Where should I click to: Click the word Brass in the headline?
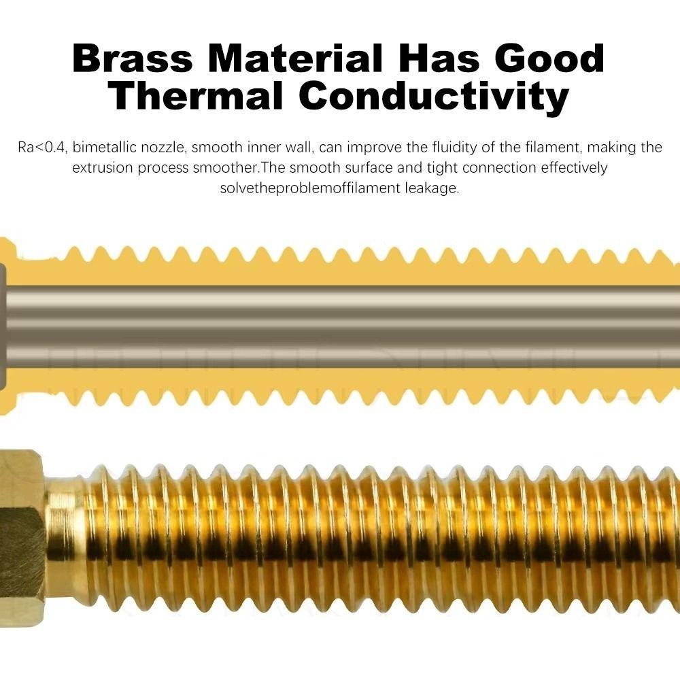click(133, 58)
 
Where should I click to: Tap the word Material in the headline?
click(296, 58)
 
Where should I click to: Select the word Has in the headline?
click(439, 58)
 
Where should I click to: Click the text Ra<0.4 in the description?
click(42, 148)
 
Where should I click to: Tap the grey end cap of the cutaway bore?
click(3, 321)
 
